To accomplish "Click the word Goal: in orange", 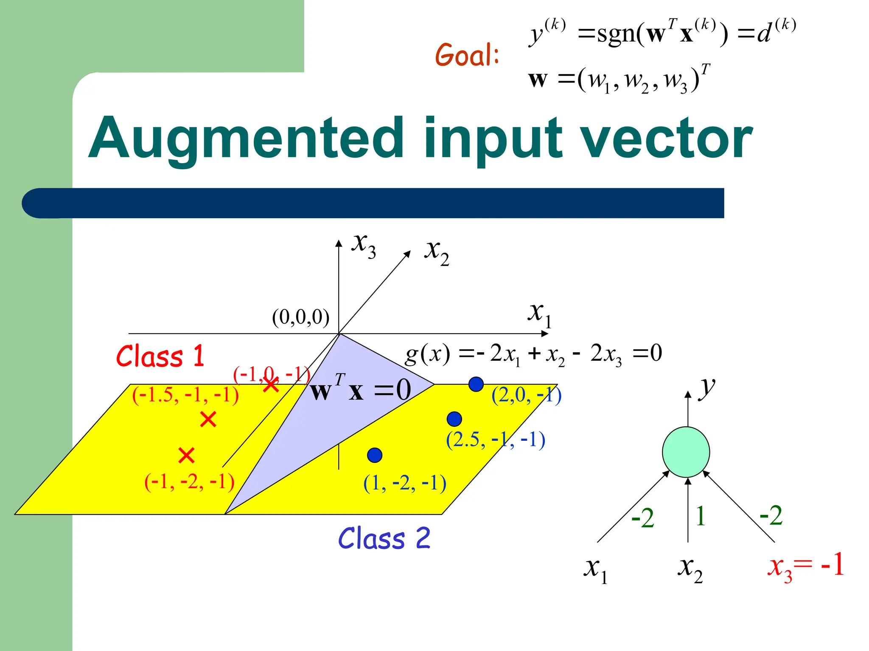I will click(x=467, y=55).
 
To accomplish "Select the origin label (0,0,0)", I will click(x=300, y=317).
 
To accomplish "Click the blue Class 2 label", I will click(x=384, y=539).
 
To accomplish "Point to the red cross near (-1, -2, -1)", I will click(x=186, y=456).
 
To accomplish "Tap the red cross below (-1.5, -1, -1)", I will click(x=208, y=419).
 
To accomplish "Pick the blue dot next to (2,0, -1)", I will click(x=476, y=384).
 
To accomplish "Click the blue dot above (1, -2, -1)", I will click(x=375, y=455).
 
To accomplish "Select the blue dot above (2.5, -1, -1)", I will click(x=454, y=419).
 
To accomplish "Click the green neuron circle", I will click(x=686, y=452).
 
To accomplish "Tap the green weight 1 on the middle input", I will click(x=700, y=516).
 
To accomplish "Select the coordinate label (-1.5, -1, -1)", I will click(x=185, y=395).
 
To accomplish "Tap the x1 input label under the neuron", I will click(x=595, y=570).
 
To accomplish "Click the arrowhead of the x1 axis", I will click(x=545, y=334).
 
